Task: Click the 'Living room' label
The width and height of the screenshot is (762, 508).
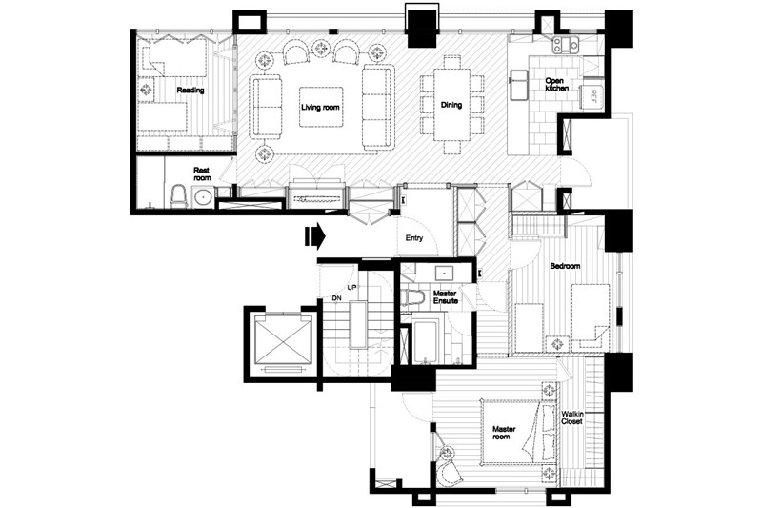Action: pyautogui.click(x=320, y=107)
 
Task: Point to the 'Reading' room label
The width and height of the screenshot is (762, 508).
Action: pyautogui.click(x=190, y=91)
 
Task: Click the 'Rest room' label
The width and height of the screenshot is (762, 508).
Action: pyautogui.click(x=202, y=172)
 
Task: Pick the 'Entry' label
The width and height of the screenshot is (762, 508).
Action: pyautogui.click(x=413, y=238)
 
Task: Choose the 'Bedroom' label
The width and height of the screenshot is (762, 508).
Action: pyautogui.click(x=565, y=265)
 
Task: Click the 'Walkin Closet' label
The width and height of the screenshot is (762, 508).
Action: pyautogui.click(x=572, y=417)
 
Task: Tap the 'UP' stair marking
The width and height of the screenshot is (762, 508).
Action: pyautogui.click(x=351, y=287)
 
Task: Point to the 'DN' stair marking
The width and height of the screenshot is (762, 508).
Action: pyautogui.click(x=336, y=299)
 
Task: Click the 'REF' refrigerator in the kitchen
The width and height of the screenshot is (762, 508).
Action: pyautogui.click(x=590, y=95)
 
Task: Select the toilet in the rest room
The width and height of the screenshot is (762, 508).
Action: pyautogui.click(x=177, y=196)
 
